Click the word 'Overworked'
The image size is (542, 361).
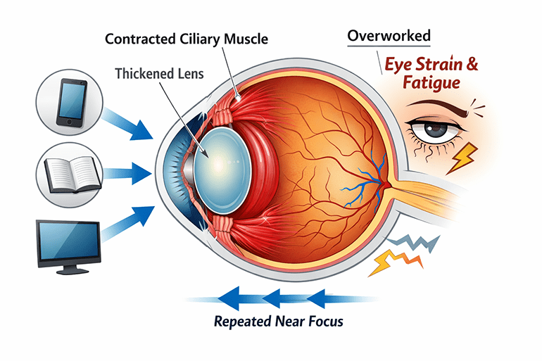point(389,35)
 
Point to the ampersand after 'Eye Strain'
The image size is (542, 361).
point(472,65)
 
